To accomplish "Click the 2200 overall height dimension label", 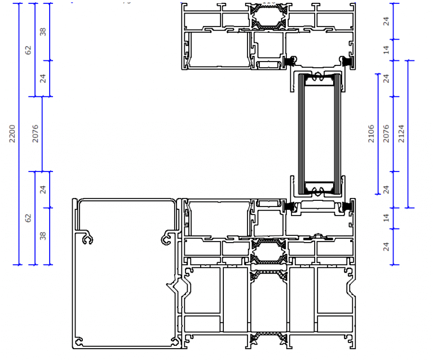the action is point(12,134).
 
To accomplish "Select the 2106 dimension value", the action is point(371,134).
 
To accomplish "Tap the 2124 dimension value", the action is point(401,134).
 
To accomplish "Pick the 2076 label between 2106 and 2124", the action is point(386,134).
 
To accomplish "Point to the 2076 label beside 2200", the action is point(36,134).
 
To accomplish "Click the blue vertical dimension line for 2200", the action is point(19,134).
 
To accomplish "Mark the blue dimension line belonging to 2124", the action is point(408,134).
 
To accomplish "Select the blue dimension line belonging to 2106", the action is point(378,134).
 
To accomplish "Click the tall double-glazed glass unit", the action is point(320,134).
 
